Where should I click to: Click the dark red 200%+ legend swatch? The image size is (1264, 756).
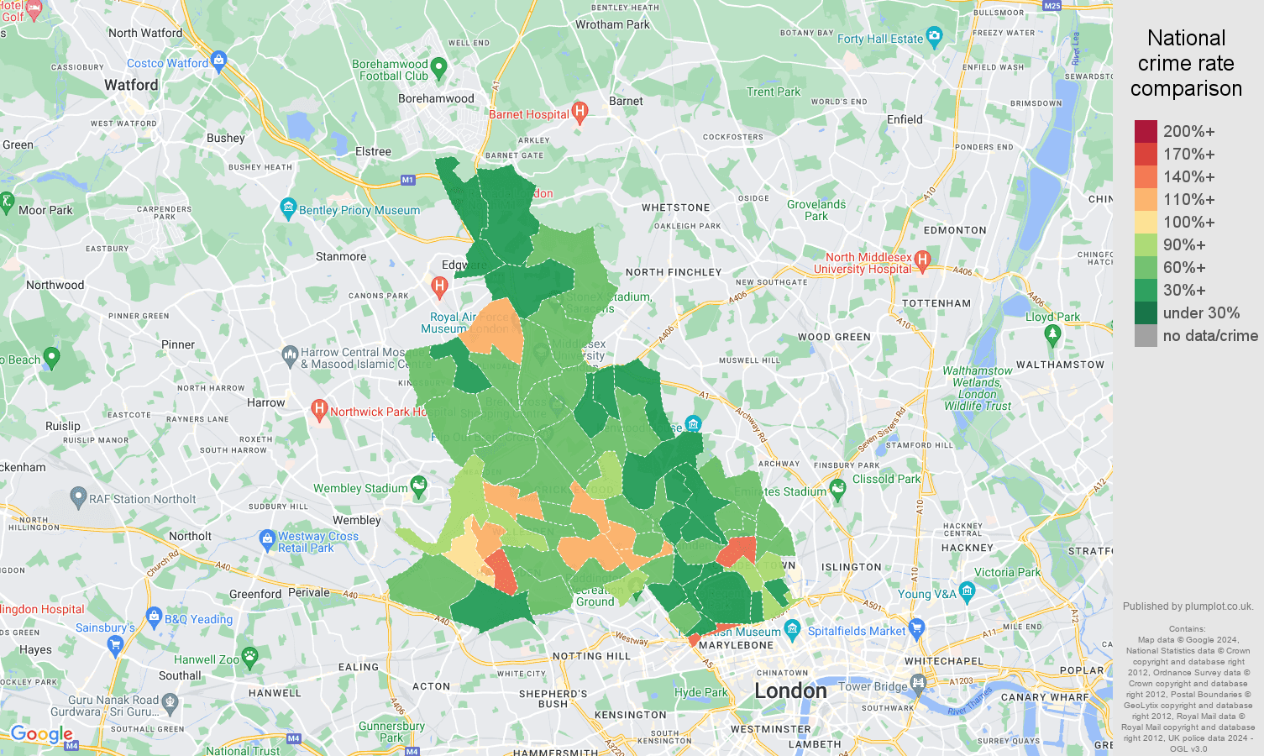point(1146,131)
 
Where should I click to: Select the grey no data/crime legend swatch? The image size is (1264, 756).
point(1146,336)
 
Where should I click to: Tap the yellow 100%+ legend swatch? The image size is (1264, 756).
point(1146,222)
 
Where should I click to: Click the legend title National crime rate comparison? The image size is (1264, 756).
point(1186,63)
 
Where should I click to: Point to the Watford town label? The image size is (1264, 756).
point(131,85)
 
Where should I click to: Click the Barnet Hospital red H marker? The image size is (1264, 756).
point(580,113)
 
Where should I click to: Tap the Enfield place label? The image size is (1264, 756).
point(905,119)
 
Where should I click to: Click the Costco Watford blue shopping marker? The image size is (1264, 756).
point(219,60)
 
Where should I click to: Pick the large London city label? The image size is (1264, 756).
point(790,690)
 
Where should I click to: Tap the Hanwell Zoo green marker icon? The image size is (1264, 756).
point(249,657)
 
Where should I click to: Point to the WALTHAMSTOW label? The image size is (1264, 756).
point(1060,365)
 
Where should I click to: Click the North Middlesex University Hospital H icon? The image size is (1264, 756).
point(922,260)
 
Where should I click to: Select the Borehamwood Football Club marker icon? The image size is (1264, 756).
point(438,67)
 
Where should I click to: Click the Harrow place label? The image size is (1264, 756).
point(265,402)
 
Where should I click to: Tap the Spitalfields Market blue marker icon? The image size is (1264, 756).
point(916,627)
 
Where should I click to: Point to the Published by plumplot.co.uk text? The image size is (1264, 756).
point(1188,606)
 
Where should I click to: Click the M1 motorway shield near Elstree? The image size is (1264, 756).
point(407,180)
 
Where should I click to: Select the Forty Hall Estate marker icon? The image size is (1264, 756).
point(935,36)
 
